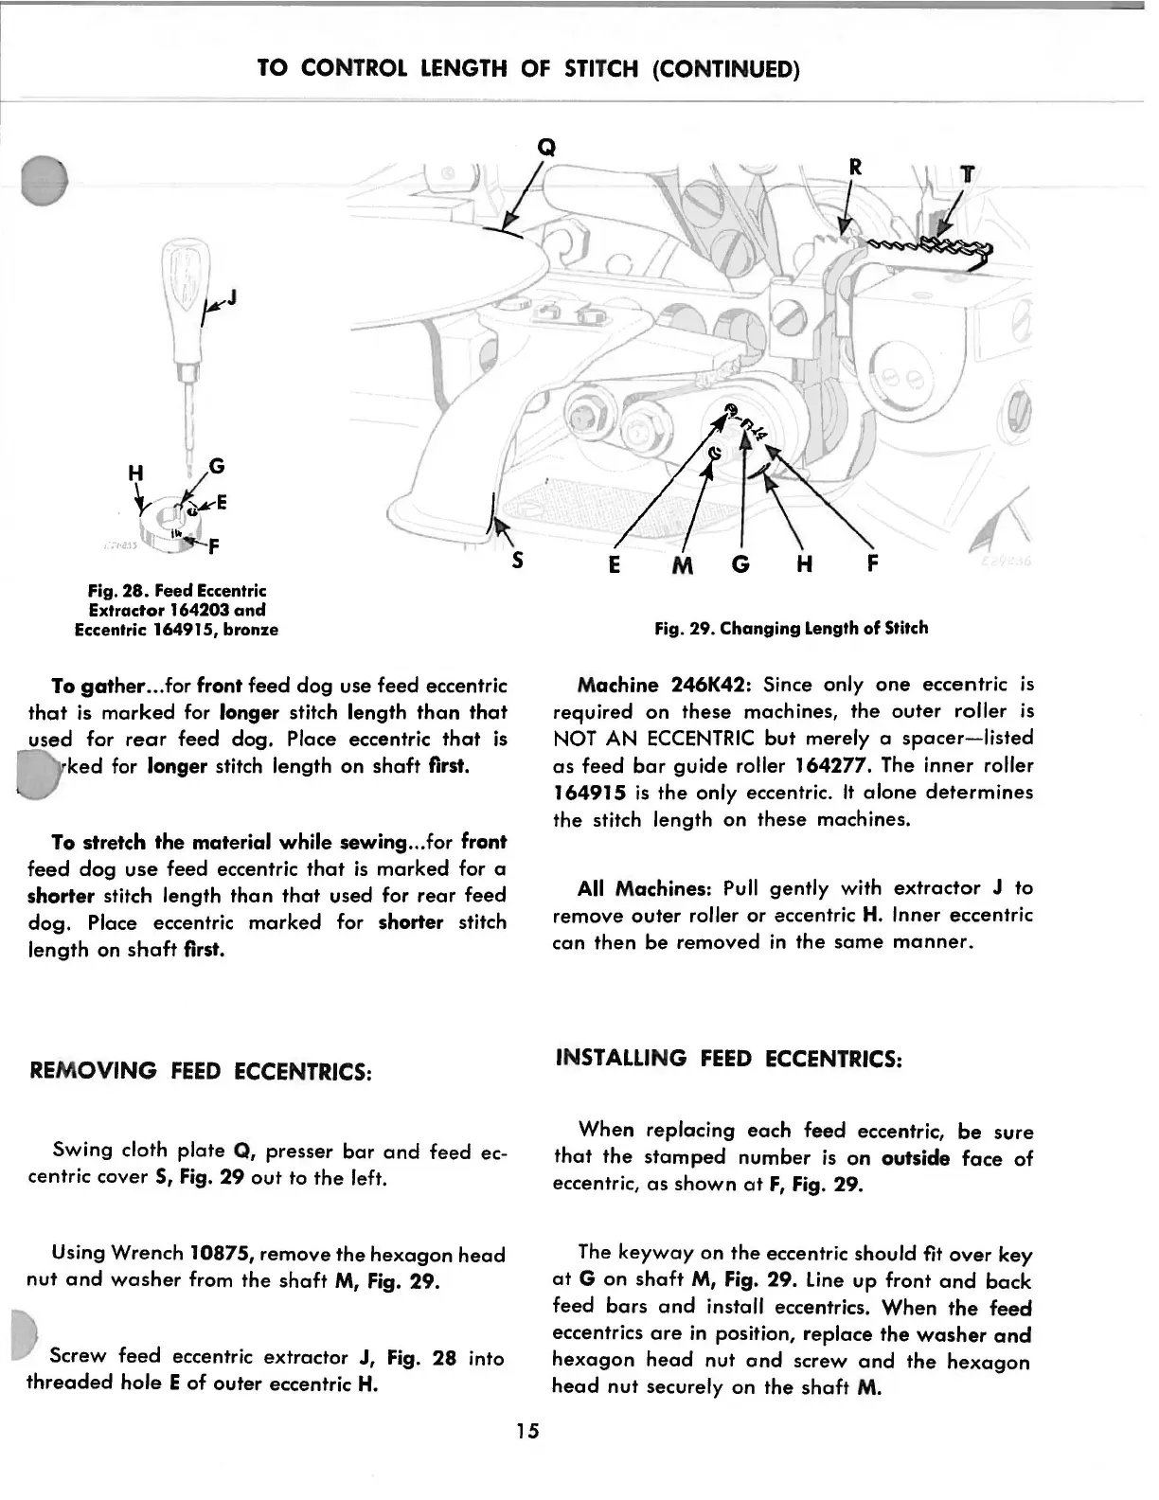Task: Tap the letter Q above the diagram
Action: pos(545,147)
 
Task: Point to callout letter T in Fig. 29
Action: pos(967,174)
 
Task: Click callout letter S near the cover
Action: pos(517,561)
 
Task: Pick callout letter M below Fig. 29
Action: pos(682,566)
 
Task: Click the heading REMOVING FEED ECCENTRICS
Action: pos(200,1071)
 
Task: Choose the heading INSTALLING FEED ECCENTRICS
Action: pos(729,1058)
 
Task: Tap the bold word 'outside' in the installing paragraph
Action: pos(915,1157)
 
